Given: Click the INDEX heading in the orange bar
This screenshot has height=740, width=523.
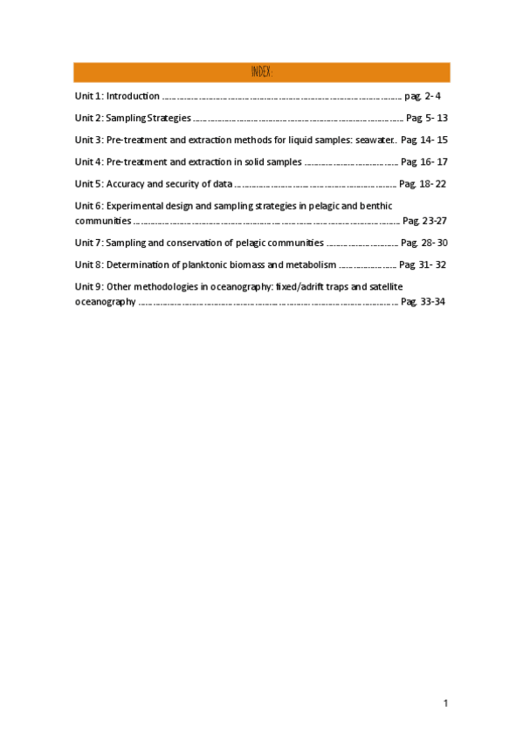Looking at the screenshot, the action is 262,72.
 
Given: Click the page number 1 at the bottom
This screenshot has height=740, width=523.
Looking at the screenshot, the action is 445,703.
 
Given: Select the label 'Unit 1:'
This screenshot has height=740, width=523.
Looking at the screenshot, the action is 89,96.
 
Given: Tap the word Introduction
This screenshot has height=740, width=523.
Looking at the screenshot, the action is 133,96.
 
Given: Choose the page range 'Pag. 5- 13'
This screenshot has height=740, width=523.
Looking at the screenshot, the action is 427,118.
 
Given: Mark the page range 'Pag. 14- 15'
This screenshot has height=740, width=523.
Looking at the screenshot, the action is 424,140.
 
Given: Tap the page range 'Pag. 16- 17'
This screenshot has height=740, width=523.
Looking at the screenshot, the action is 424,162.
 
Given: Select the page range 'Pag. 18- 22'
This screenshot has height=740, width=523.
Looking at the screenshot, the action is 423,184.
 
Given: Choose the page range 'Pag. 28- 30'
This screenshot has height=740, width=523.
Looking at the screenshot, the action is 424,243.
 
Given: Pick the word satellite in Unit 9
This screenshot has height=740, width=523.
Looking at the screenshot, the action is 385,286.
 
